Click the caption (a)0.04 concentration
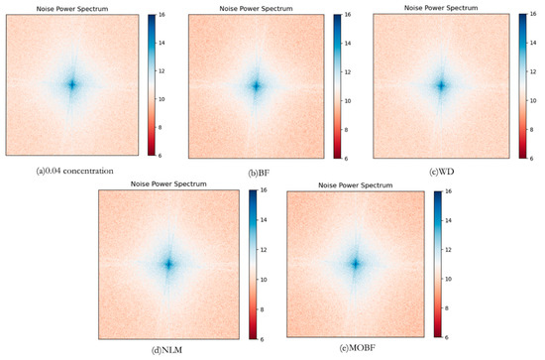click(74, 171)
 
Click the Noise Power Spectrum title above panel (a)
click(71, 9)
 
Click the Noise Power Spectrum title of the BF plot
click(256, 10)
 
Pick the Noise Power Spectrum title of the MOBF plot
click(355, 183)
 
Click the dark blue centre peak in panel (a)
click(71, 85)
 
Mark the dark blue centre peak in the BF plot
click(256, 86)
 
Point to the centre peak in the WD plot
click(442, 85)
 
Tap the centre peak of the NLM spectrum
click(167, 264)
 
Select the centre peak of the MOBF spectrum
click(355, 264)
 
